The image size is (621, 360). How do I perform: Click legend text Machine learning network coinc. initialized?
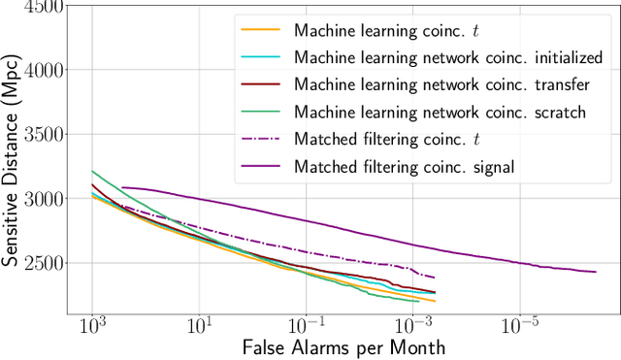(x=447, y=57)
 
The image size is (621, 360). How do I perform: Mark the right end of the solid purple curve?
(x=596, y=272)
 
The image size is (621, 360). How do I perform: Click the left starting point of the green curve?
(x=92, y=171)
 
